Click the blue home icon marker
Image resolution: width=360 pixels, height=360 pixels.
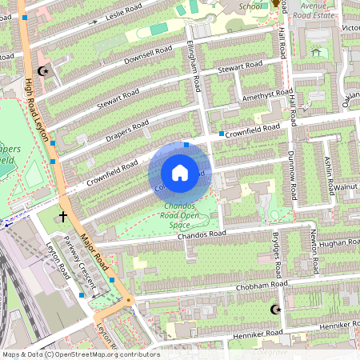180,173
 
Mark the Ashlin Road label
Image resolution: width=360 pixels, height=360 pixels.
329,176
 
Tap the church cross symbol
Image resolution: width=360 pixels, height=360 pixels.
63,216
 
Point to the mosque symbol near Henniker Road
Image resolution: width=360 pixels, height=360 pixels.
277,309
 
